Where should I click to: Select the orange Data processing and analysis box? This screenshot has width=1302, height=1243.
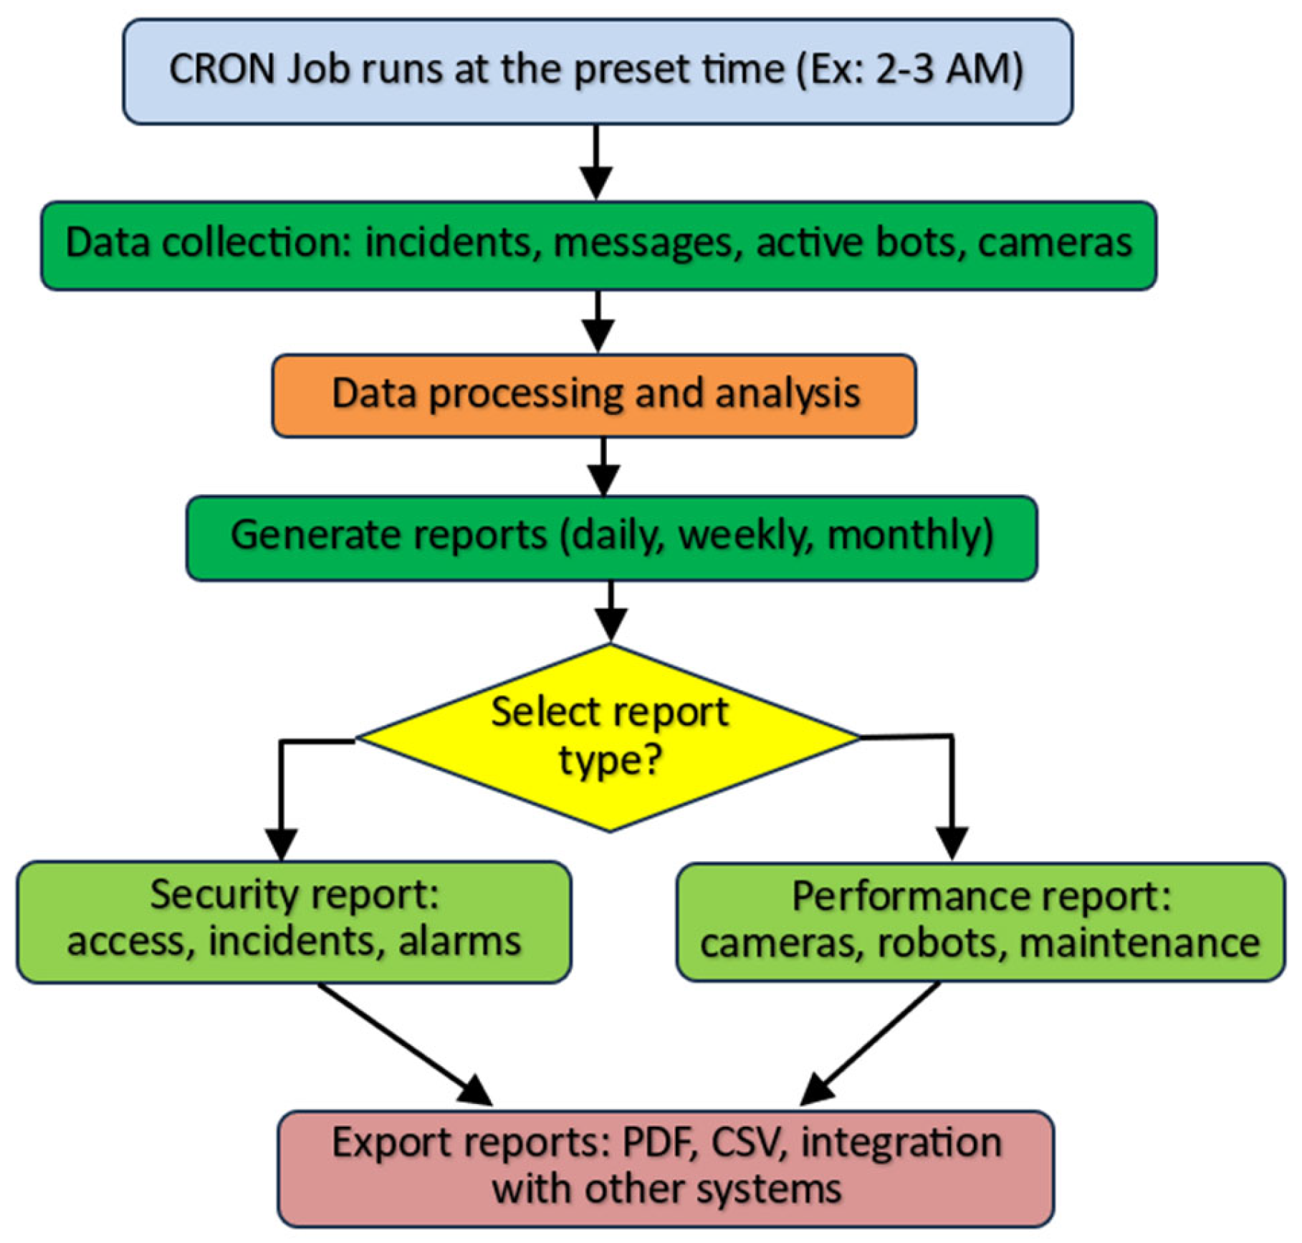(x=594, y=395)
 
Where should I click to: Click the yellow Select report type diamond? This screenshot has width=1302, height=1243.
(x=609, y=738)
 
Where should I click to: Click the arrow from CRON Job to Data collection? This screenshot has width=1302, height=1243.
(x=596, y=161)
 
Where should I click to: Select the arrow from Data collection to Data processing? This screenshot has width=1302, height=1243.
(x=598, y=320)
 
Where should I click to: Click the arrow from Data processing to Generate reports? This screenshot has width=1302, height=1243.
(x=603, y=466)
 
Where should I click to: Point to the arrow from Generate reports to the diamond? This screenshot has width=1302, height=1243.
(x=611, y=611)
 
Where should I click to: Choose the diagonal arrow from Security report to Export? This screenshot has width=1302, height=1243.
(x=405, y=1044)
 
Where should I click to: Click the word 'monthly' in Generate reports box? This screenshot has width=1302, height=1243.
(x=909, y=535)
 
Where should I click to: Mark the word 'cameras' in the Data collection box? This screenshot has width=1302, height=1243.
(x=1054, y=243)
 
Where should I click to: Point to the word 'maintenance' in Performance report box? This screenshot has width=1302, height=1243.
(x=1139, y=943)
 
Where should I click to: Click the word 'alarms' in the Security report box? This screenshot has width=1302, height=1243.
(x=459, y=941)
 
